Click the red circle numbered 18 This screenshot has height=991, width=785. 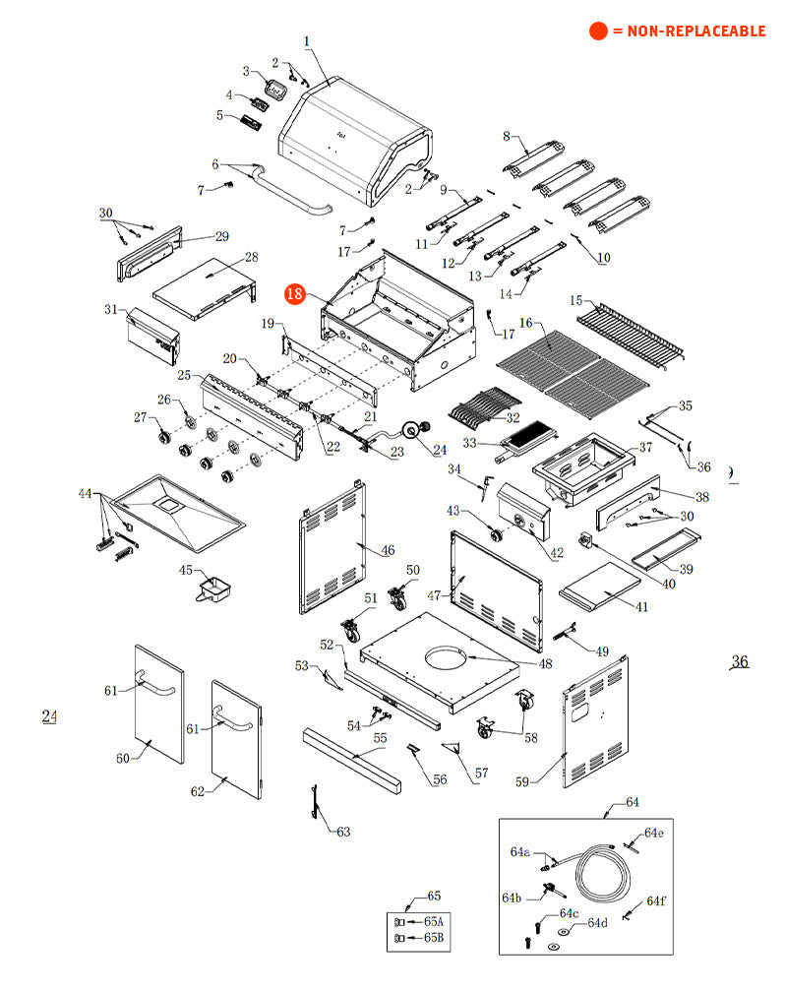[x=294, y=294]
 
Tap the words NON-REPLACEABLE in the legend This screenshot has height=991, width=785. [x=695, y=31]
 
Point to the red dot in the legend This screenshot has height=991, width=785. [x=598, y=31]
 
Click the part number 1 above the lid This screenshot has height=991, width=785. [x=307, y=41]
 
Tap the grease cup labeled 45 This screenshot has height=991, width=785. [x=214, y=589]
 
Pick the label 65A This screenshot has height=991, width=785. [x=433, y=921]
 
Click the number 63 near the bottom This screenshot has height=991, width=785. [x=343, y=832]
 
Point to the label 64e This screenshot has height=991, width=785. [x=653, y=833]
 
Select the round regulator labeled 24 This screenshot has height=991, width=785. [x=413, y=430]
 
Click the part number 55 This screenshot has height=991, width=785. [x=380, y=738]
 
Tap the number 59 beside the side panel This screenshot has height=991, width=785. [x=521, y=781]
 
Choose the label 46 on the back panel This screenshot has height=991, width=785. [x=388, y=550]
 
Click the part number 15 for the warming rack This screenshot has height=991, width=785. [x=575, y=300]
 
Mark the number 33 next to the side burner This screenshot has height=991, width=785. [x=469, y=443]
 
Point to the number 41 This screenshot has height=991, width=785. [x=641, y=607]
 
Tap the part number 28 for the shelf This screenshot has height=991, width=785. [x=252, y=257]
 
